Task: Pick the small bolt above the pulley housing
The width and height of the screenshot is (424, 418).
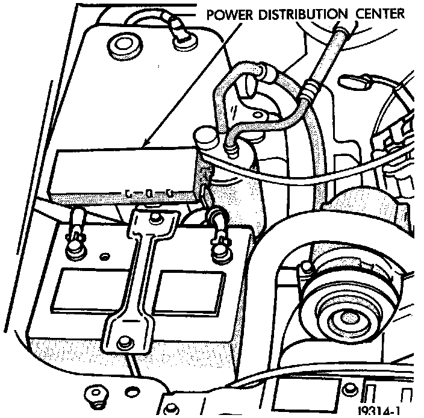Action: pyautogui.click(x=307, y=266)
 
